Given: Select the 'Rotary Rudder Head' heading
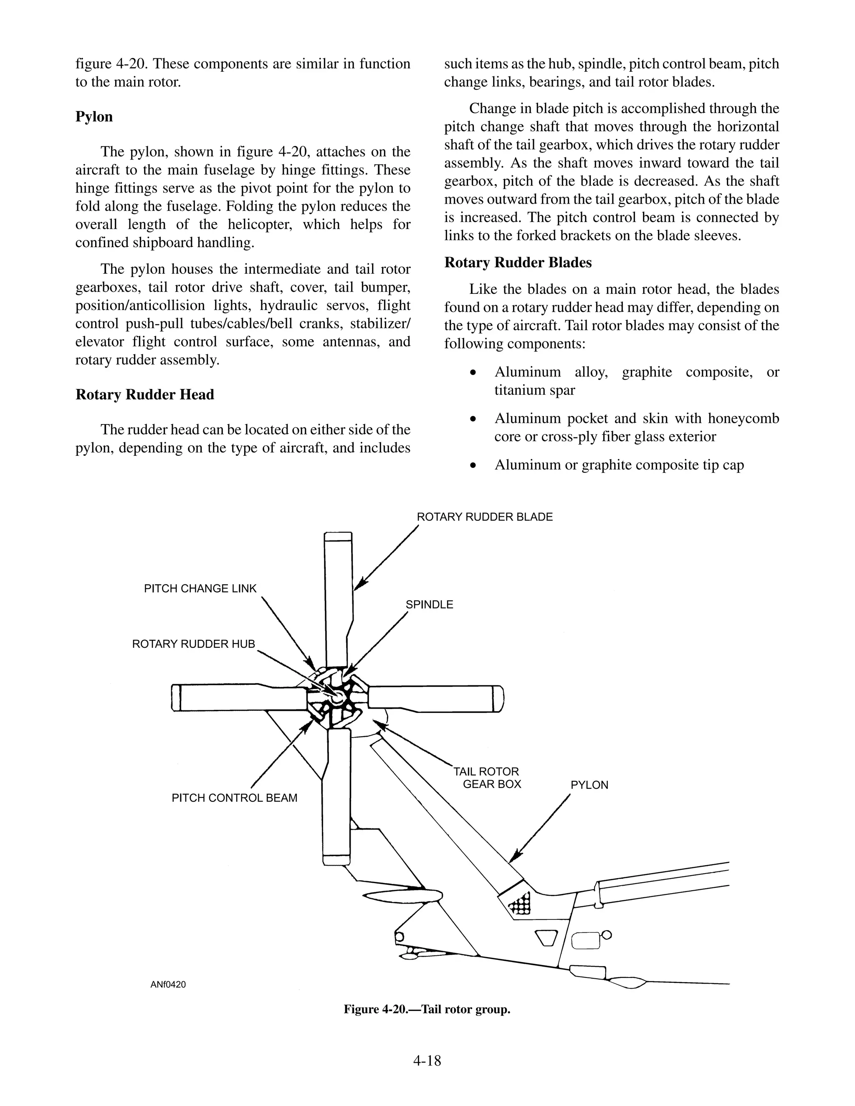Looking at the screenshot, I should point(144,394).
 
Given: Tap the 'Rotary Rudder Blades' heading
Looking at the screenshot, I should point(518,263).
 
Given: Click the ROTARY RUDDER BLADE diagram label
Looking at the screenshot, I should point(484,517).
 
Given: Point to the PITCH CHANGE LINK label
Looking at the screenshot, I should point(200,588).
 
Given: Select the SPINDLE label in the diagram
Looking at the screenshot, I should point(429,605).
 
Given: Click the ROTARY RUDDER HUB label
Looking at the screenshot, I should point(193,644).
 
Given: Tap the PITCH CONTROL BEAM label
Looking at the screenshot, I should point(234,798).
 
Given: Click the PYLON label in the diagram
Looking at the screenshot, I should point(589,785).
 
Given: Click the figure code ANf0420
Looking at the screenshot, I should point(168,985).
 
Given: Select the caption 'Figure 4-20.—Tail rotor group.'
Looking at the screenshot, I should point(427,1009).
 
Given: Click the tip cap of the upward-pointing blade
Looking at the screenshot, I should point(338,537).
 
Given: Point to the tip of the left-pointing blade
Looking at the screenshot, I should point(176,698).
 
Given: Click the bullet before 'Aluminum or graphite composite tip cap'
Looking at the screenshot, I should point(473,465).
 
